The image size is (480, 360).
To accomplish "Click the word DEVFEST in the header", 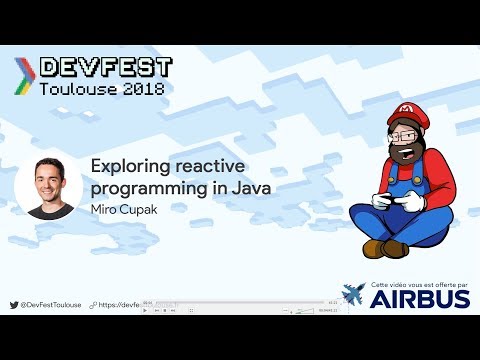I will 105,67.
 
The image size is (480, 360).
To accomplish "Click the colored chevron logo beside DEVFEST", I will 22,73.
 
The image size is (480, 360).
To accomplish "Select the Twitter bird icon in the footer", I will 13,304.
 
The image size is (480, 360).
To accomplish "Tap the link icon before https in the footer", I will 93,304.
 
